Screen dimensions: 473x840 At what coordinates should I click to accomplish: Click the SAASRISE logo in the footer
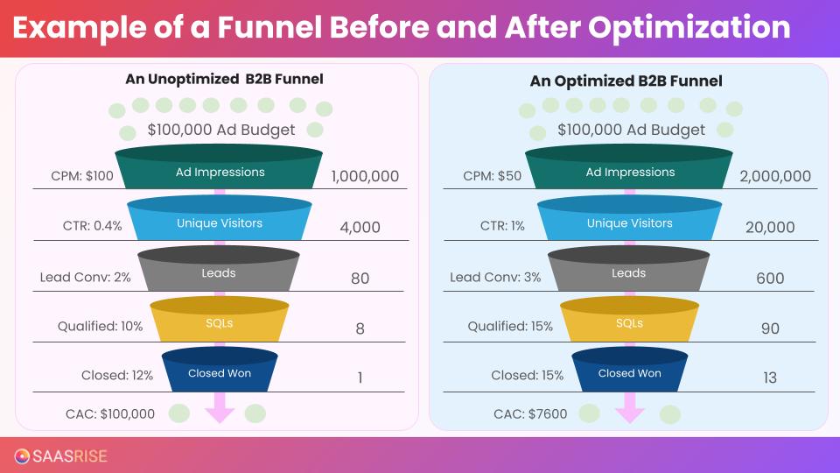pos(60,455)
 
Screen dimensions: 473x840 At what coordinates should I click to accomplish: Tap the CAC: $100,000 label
pos(110,414)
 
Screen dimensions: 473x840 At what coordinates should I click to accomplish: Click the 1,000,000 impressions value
pos(365,176)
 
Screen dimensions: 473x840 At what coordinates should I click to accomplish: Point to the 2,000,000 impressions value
pos(774,176)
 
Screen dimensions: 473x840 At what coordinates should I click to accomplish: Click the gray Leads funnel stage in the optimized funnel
pos(628,273)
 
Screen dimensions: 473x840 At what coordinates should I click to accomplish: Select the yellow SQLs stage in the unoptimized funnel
pos(219,323)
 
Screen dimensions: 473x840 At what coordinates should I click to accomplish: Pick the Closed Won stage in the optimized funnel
pos(628,373)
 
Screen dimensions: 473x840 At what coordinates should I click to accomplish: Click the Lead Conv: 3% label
pos(495,277)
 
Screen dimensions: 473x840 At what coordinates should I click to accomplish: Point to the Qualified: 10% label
pos(100,327)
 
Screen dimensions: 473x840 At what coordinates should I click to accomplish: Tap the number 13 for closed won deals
pos(769,378)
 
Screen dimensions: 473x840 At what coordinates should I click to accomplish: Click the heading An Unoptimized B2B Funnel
pos(224,79)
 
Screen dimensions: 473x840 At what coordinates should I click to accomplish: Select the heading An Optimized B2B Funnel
pos(626,81)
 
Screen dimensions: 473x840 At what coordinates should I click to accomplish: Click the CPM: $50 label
pos(492,176)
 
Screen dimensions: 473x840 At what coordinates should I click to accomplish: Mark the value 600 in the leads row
pos(770,279)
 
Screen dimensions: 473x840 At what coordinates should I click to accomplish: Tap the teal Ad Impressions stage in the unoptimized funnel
pos(219,172)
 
